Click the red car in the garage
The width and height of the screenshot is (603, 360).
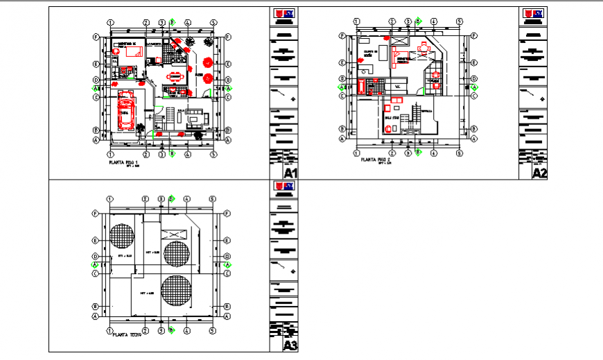pyautogui.click(x=125, y=110)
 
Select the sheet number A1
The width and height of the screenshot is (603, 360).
pyautogui.click(x=290, y=172)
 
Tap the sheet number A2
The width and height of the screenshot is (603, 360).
pyautogui.click(x=539, y=172)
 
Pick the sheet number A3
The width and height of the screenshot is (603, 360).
pyautogui.click(x=290, y=345)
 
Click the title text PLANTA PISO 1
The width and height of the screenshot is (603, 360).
pyautogui.click(x=124, y=162)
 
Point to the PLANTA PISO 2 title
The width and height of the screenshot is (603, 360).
pyautogui.click(x=374, y=160)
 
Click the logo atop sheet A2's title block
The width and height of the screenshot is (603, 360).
pyautogui.click(x=533, y=13)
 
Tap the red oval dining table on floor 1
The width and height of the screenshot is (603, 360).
pyautogui.click(x=177, y=76)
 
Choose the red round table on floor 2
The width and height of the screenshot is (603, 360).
pyautogui.click(x=424, y=48)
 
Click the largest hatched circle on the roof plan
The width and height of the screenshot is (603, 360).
pyautogui.click(x=177, y=292)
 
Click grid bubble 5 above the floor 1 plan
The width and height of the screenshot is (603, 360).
pyautogui.click(x=213, y=23)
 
